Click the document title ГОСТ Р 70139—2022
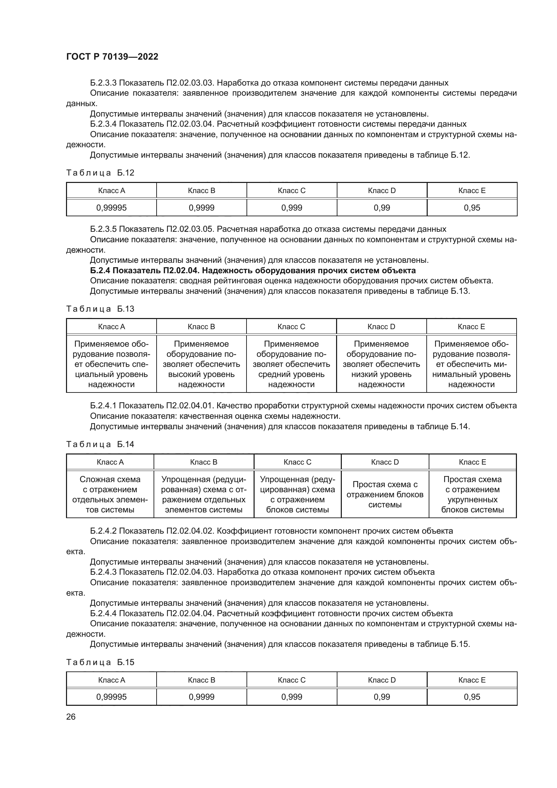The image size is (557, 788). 112,57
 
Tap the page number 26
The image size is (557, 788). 71,717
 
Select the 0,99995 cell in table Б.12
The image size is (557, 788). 111,208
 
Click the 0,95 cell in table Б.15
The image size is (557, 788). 472,697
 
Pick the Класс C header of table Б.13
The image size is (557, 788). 291,326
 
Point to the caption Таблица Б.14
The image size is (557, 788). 100,444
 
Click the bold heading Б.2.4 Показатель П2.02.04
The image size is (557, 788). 253,271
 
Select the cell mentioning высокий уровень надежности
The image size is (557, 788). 201,364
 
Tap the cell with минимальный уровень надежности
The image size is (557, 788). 471,364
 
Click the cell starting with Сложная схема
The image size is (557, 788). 110,494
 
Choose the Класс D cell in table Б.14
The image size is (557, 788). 385,462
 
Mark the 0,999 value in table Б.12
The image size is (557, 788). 292,208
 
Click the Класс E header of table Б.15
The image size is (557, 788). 472,680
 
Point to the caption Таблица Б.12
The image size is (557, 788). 100,172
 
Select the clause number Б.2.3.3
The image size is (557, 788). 103,83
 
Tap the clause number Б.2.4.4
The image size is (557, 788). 103,613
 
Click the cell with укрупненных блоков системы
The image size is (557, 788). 472,494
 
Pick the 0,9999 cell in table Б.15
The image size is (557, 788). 201,697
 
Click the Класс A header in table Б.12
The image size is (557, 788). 111,190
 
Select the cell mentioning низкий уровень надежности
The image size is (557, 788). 382,364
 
